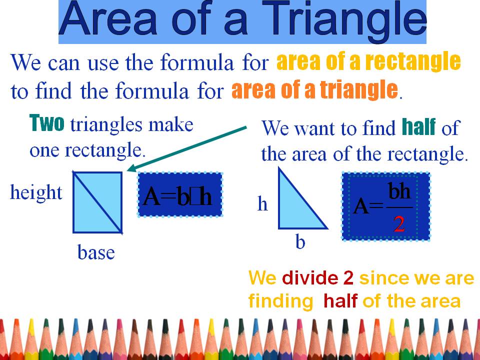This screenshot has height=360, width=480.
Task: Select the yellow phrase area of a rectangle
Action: (368, 62)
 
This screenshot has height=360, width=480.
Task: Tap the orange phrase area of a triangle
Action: (314, 91)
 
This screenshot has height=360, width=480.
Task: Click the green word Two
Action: (47, 123)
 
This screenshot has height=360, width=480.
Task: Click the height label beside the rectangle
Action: (36, 192)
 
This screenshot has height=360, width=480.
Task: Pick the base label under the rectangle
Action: (96, 253)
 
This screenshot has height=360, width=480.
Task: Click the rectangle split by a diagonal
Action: (97, 202)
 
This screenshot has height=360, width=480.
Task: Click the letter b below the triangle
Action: (300, 243)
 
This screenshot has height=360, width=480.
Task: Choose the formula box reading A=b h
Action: (180, 195)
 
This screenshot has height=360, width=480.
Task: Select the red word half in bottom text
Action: (340, 301)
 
